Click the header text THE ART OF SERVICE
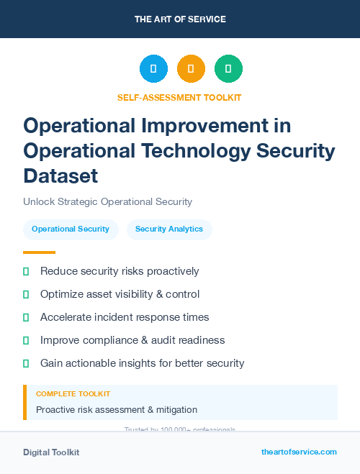point(180,19)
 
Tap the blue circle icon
point(153,69)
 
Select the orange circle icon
point(191,69)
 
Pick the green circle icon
point(228,69)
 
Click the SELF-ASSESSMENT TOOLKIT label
point(180,97)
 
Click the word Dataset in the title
point(60,176)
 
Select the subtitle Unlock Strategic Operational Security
point(107,202)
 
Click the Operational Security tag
point(71,229)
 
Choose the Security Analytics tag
point(169,229)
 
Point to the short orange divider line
point(39,252)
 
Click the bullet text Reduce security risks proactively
point(120,271)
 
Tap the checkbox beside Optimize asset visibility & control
point(26,294)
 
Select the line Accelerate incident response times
point(125,317)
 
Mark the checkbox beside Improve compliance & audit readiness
point(26,340)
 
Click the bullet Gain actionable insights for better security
point(142,363)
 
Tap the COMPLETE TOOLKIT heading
point(73,394)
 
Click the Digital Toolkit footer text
point(51,452)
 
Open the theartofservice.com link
point(299,452)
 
